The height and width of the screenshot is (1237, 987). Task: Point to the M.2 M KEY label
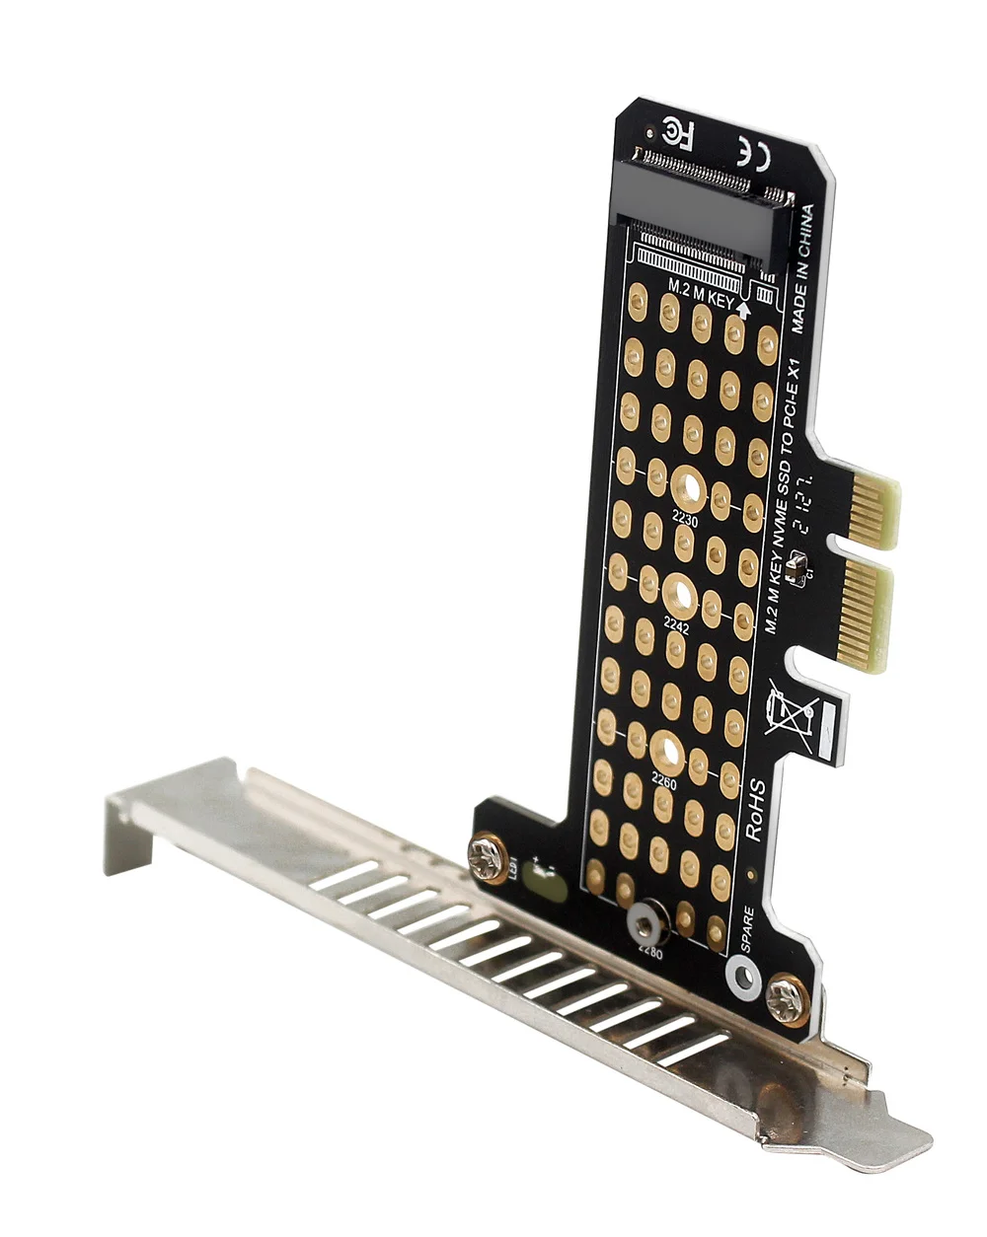[x=701, y=294]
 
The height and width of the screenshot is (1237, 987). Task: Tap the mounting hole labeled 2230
[x=686, y=489]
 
